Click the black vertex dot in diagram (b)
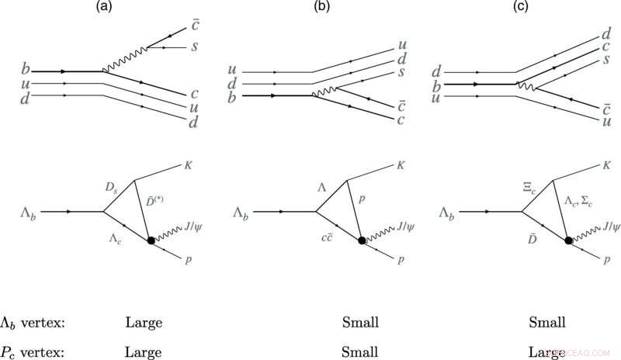pyautogui.click(x=363, y=241)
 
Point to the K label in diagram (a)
pyautogui.click(x=188, y=165)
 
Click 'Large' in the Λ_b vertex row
pyautogui.click(x=144, y=321)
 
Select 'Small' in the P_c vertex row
pyautogui.click(x=360, y=350)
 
